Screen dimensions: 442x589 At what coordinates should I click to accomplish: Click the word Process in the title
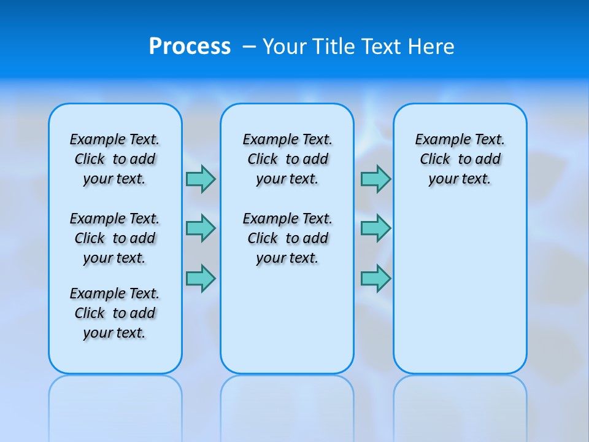click(190, 47)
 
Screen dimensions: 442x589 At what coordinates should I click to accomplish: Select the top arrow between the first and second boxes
click(201, 179)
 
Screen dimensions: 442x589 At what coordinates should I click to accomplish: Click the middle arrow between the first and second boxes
click(201, 228)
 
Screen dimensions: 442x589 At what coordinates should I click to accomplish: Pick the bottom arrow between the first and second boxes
click(201, 278)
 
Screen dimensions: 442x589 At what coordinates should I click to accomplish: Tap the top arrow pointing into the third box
click(375, 179)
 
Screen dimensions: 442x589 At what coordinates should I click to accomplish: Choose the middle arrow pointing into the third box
click(375, 228)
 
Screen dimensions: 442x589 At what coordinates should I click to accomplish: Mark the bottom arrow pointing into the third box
click(375, 278)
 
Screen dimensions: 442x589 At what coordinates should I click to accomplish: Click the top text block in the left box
click(115, 159)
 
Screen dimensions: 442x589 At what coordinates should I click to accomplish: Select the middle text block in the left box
click(115, 238)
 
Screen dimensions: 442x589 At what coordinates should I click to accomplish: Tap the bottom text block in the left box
click(115, 313)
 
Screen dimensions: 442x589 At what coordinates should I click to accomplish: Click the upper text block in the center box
click(287, 159)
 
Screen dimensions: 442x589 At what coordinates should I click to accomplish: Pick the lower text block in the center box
click(287, 238)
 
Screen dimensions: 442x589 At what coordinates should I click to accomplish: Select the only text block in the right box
click(460, 159)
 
